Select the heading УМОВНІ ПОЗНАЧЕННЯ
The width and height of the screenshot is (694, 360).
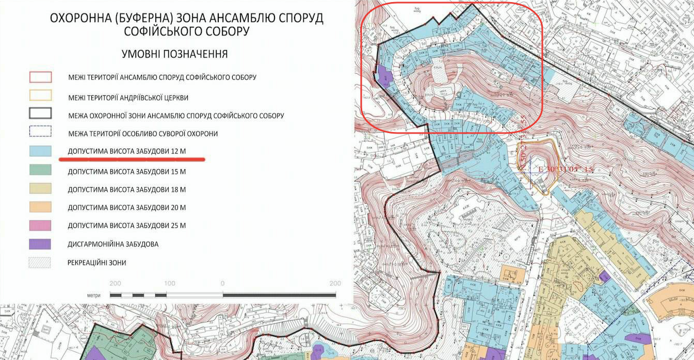[x=174, y=54]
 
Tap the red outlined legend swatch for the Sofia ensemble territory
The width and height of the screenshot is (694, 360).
[x=40, y=77]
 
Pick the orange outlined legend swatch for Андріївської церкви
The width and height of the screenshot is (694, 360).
[x=40, y=96]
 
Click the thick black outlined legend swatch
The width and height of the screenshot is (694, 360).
[x=40, y=114]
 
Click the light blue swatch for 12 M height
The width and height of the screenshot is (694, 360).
[x=40, y=151]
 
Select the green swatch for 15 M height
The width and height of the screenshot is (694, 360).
[x=40, y=170]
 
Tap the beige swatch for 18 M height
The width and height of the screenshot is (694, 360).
[x=40, y=188]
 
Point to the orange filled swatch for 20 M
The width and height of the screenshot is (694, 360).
[x=40, y=207]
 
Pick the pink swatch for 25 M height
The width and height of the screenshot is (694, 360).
[x=40, y=225]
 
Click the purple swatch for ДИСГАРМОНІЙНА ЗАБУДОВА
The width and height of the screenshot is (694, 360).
[x=40, y=244]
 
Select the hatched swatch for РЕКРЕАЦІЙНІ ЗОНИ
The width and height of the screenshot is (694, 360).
[x=40, y=263]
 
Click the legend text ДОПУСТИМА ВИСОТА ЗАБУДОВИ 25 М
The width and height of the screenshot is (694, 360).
[x=127, y=226]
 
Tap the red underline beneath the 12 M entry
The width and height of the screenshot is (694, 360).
[x=132, y=159]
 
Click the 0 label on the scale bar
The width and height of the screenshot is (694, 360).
[x=222, y=284]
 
